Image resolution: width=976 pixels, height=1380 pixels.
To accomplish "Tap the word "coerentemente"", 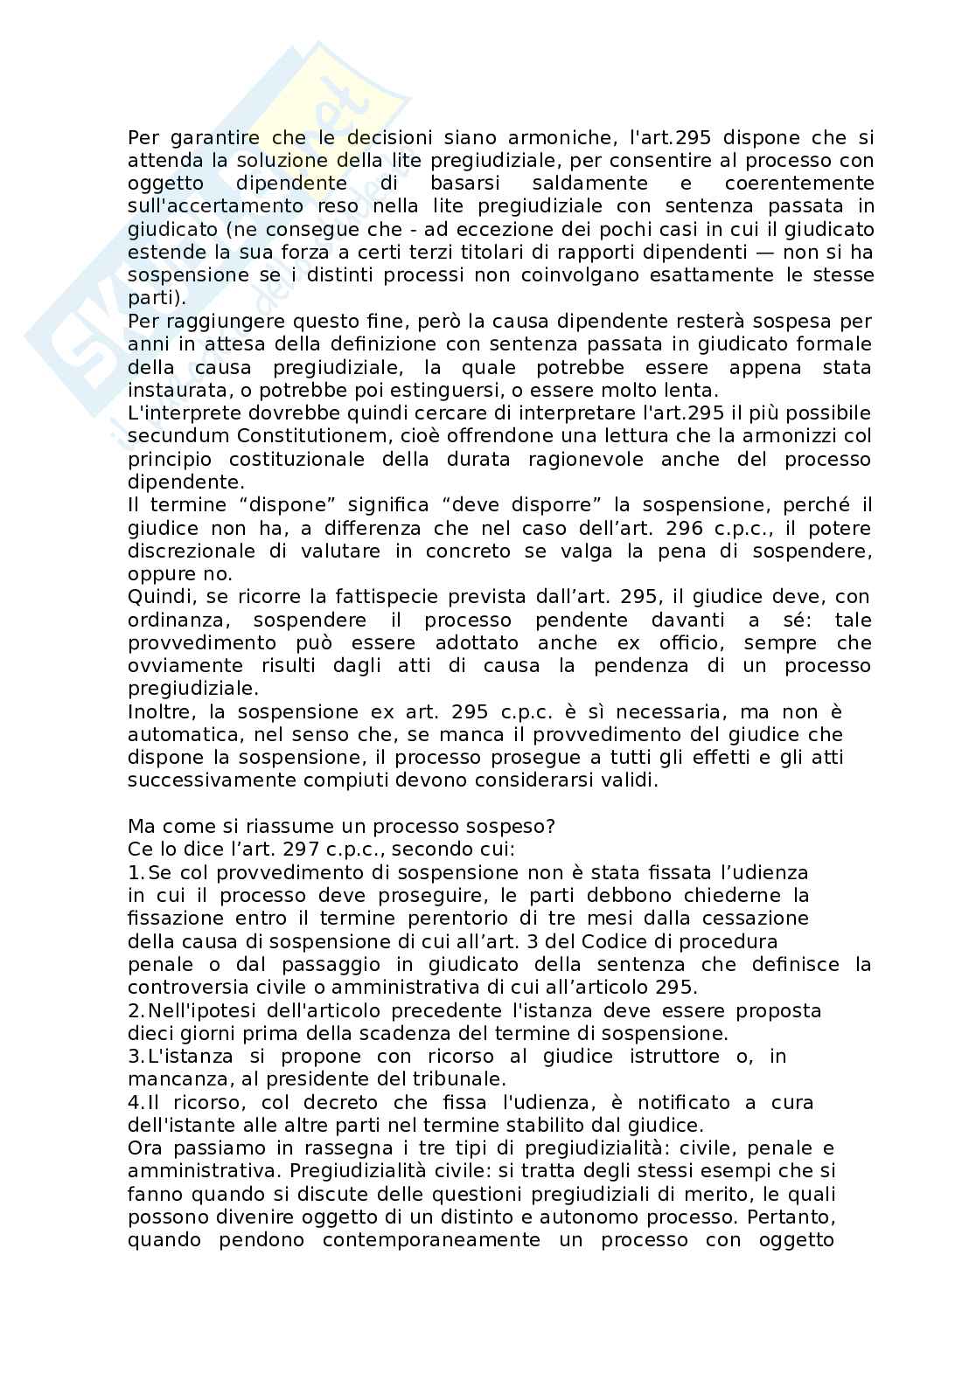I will (799, 184).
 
